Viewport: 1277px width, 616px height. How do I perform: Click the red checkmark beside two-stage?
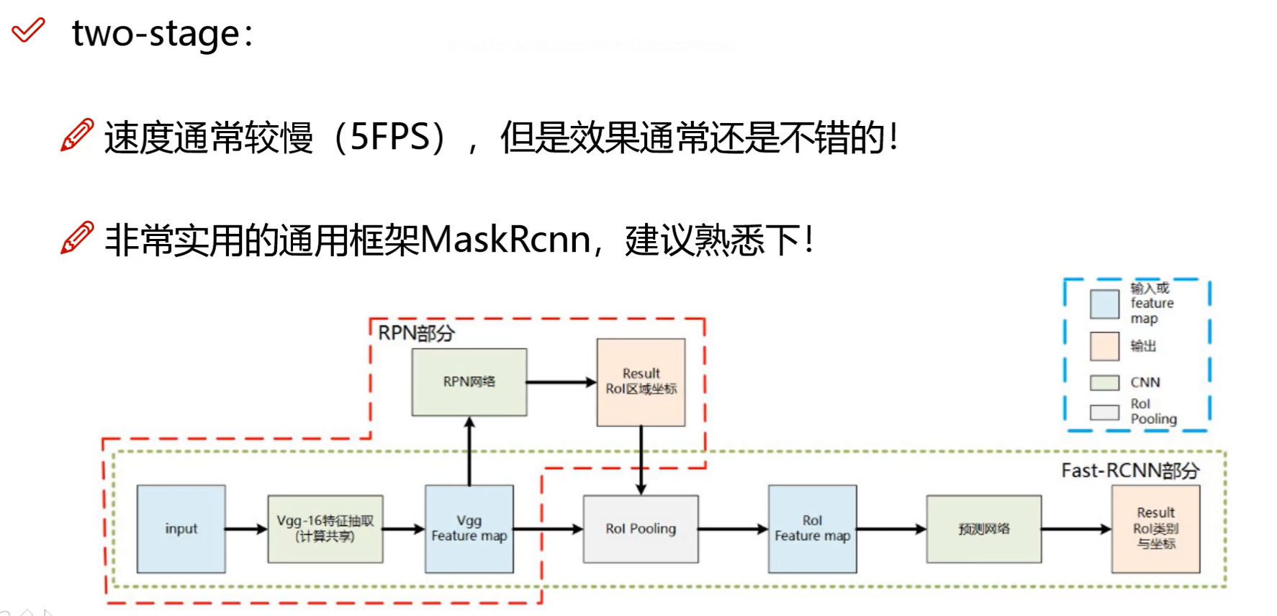click(x=28, y=30)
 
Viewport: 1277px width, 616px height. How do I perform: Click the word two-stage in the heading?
click(x=155, y=34)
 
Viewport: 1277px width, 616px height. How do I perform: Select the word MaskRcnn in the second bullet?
click(x=505, y=240)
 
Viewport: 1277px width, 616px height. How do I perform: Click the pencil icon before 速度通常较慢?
click(x=77, y=135)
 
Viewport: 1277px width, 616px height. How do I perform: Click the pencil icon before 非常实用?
click(x=77, y=237)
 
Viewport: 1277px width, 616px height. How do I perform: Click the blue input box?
click(x=181, y=529)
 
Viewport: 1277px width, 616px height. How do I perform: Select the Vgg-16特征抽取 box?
click(x=325, y=529)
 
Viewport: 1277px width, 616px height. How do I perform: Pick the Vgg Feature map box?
click(x=469, y=529)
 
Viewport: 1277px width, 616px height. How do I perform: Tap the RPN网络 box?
click(x=469, y=382)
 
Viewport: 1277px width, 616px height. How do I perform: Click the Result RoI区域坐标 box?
click(x=641, y=382)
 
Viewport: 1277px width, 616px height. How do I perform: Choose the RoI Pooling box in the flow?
click(x=641, y=529)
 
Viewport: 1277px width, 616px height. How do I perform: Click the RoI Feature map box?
click(x=812, y=529)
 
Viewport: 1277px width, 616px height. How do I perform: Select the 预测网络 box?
click(x=983, y=529)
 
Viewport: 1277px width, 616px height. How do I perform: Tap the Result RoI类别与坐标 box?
click(x=1155, y=529)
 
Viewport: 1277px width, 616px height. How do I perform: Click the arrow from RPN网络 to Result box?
click(x=561, y=382)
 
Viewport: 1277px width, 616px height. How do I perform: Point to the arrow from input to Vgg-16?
click(x=246, y=529)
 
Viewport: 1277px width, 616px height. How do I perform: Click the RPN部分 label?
click(x=416, y=333)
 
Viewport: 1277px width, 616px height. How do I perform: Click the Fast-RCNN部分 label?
click(x=1129, y=471)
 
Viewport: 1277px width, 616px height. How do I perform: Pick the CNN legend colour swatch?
click(x=1104, y=382)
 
